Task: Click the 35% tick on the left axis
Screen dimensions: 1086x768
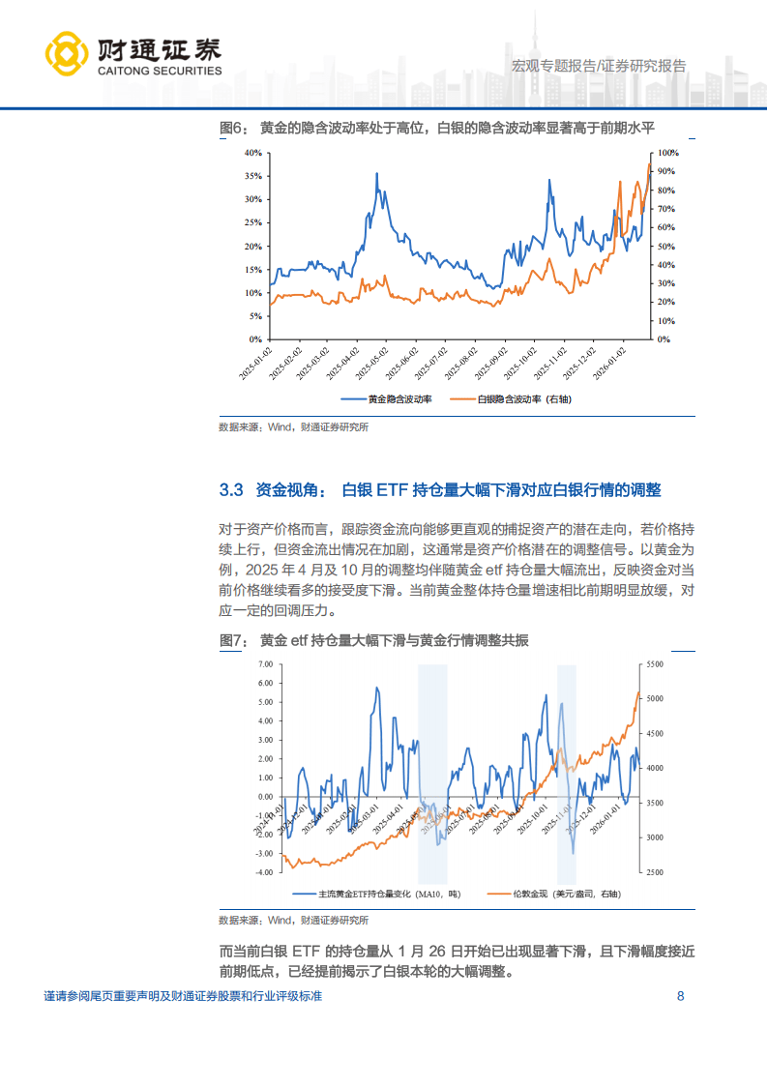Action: click(x=253, y=176)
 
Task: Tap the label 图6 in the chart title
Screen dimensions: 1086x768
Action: click(x=234, y=128)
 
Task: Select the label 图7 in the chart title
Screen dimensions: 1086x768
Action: click(x=234, y=640)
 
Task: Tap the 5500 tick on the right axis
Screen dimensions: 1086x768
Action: click(x=653, y=664)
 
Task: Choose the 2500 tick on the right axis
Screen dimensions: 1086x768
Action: click(x=653, y=872)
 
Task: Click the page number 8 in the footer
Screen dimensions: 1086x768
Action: click(x=681, y=997)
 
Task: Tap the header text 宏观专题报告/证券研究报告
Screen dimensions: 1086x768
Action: click(x=598, y=66)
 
